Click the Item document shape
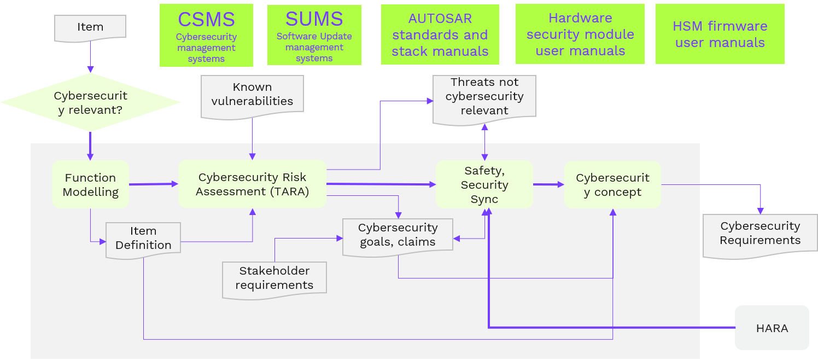(x=90, y=27)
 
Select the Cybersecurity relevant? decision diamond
(x=90, y=102)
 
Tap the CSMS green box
(x=206, y=36)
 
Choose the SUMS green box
(x=314, y=35)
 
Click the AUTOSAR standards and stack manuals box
(x=440, y=35)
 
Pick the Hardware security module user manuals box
(x=580, y=34)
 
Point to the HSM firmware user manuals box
(x=720, y=34)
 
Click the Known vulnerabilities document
(x=252, y=95)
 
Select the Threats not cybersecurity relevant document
(x=484, y=96)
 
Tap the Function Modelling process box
(x=90, y=184)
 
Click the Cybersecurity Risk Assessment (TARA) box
(x=252, y=184)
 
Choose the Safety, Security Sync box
(x=484, y=184)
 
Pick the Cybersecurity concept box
(x=612, y=184)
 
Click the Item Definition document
(x=143, y=239)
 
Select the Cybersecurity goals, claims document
(x=398, y=235)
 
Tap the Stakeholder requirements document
(x=274, y=278)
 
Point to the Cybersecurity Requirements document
(x=759, y=234)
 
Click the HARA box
(x=772, y=328)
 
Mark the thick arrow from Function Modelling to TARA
(x=154, y=184)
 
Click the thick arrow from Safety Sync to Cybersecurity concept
(x=548, y=184)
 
